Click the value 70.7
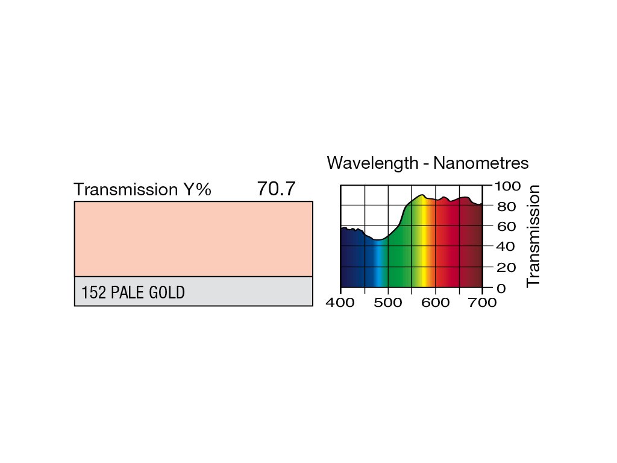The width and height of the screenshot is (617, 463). click(x=276, y=189)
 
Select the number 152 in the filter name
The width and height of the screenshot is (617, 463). click(x=94, y=293)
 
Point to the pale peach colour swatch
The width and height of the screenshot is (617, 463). click(x=193, y=239)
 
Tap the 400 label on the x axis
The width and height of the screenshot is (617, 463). click(x=340, y=303)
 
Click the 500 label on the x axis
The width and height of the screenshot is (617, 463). click(x=387, y=303)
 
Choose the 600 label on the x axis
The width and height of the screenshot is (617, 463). click(x=435, y=303)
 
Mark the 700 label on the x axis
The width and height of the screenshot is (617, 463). click(x=482, y=303)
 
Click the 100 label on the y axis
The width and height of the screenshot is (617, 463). click(x=507, y=186)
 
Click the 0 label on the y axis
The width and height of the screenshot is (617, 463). click(x=501, y=288)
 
